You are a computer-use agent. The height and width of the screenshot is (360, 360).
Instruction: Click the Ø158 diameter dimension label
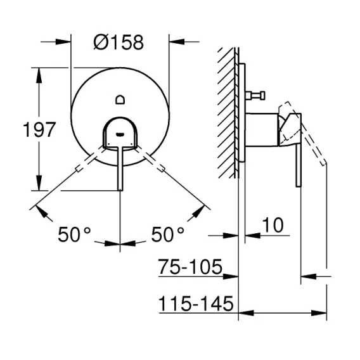click(x=119, y=42)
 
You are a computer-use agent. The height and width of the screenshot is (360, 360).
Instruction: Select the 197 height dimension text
click(x=40, y=129)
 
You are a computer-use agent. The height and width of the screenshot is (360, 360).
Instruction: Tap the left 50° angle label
click(x=74, y=234)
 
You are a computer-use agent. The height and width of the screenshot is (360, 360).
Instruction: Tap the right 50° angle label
click(x=167, y=234)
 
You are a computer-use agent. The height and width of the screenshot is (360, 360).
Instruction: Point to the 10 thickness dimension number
click(x=273, y=225)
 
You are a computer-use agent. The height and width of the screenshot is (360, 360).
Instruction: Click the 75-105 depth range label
click(x=191, y=267)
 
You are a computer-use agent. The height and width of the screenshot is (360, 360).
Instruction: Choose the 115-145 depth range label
click(x=196, y=303)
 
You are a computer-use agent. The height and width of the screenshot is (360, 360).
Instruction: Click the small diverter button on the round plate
click(x=120, y=100)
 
